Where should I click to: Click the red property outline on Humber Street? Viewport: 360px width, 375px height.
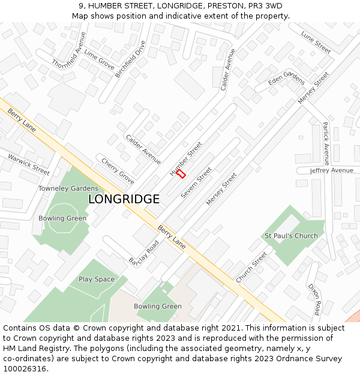[x=181, y=173]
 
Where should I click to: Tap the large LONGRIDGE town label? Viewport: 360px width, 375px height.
[x=124, y=199]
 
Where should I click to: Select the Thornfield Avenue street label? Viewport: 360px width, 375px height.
[x=70, y=50]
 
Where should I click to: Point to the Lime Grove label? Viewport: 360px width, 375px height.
[x=99, y=60]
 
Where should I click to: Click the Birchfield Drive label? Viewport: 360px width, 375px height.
[x=130, y=59]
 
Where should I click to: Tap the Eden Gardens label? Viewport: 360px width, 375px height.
[x=286, y=79]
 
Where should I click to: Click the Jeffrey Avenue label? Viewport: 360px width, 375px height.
[x=331, y=170]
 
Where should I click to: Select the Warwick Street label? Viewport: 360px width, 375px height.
[x=29, y=164]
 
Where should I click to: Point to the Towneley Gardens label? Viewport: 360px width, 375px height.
[x=68, y=188]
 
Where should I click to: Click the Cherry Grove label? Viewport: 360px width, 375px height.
[x=118, y=171]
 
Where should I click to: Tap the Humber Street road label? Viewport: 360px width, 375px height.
[x=186, y=158]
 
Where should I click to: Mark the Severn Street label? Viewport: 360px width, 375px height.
[x=196, y=184]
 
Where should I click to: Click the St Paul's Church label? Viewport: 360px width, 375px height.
[x=291, y=236]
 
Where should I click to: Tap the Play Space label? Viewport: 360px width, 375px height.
[x=96, y=279]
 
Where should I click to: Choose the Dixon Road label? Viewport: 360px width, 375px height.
[x=316, y=299]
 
